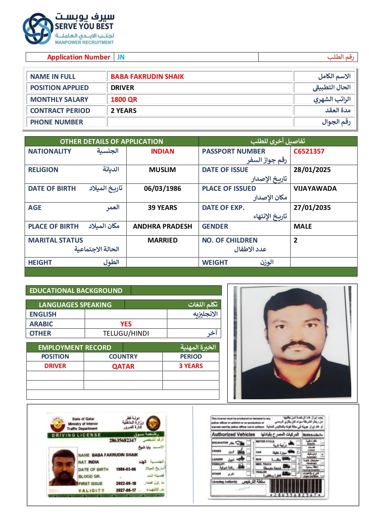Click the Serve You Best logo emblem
pos(37,29)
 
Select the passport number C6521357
pos(309,151)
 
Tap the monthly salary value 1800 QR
pos(124,99)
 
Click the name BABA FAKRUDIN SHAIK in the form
pos(147,76)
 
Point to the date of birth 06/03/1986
pos(162,188)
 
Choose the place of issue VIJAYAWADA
pos(315,188)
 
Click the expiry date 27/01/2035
pos(312,207)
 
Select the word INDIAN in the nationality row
pos(162,151)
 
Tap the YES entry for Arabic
pos(126,324)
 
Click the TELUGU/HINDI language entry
pos(126,333)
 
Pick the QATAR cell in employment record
pos(123,366)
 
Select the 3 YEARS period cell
pos(191,366)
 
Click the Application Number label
pos(78,57)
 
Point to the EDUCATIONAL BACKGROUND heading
pos(76,291)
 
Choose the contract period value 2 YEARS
pos(123,111)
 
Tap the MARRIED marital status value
pos(162,240)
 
